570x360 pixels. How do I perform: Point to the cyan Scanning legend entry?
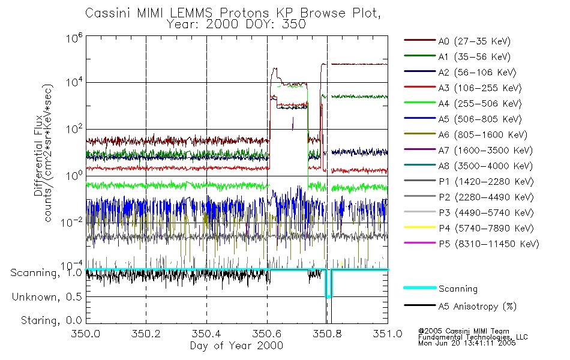[458, 289]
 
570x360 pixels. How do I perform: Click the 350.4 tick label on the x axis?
[206, 334]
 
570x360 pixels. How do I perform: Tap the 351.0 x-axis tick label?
[388, 334]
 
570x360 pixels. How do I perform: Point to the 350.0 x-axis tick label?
[86, 334]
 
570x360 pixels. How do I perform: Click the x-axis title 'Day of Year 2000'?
[236, 346]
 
